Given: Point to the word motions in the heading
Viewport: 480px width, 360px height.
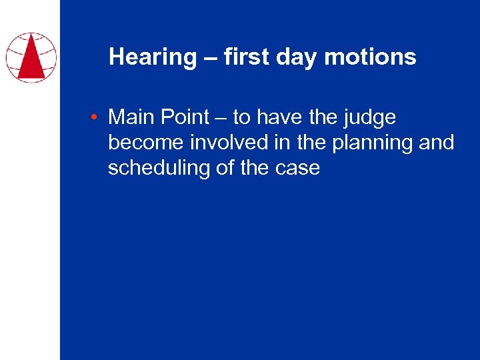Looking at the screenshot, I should [x=370, y=57].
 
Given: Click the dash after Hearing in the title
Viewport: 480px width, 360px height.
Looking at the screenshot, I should [x=210, y=57].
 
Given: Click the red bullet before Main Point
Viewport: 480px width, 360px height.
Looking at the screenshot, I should [x=97, y=118].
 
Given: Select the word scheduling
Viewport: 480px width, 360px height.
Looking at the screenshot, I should [x=159, y=168].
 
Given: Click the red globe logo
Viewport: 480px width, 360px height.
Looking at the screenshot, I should [x=31, y=57].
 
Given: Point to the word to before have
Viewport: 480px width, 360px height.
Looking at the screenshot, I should [x=241, y=117].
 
